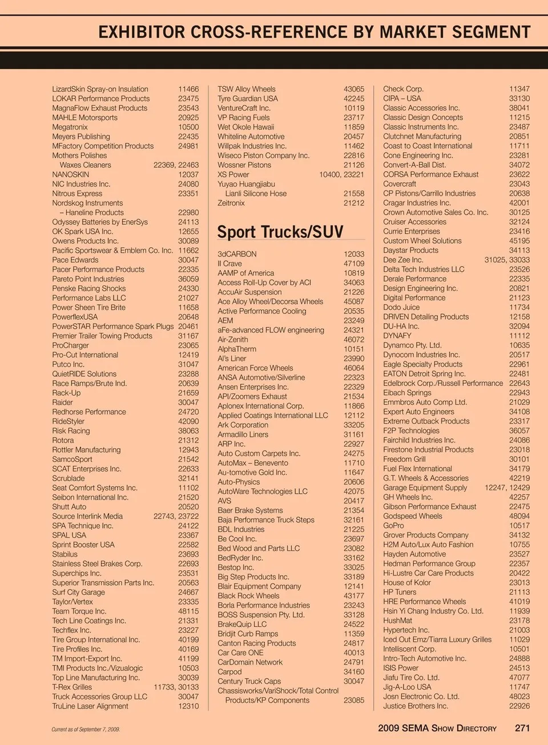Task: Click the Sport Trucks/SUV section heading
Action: click(x=280, y=232)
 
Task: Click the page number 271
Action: click(x=522, y=728)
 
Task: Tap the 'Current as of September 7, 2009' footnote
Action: click(x=86, y=729)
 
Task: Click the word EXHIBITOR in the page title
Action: click(x=142, y=32)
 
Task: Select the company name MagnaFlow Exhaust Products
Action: click(x=100, y=108)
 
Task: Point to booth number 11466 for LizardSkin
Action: click(x=188, y=89)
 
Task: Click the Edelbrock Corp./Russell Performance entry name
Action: click(x=443, y=383)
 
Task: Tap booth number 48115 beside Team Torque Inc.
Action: click(x=188, y=611)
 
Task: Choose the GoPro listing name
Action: click(x=393, y=525)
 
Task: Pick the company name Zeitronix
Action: click(x=231, y=203)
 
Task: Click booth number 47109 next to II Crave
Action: click(x=354, y=264)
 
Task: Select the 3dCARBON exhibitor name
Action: click(x=237, y=254)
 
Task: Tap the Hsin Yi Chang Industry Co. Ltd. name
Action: click(x=433, y=611)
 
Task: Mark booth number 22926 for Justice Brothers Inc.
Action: click(x=519, y=706)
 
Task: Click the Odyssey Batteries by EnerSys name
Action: click(x=100, y=222)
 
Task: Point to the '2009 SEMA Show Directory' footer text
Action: click(x=437, y=728)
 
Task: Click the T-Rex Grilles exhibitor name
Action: click(x=72, y=687)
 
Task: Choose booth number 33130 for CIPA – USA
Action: click(x=519, y=98)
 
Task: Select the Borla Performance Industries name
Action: click(x=264, y=605)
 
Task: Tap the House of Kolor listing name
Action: click(x=407, y=582)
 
